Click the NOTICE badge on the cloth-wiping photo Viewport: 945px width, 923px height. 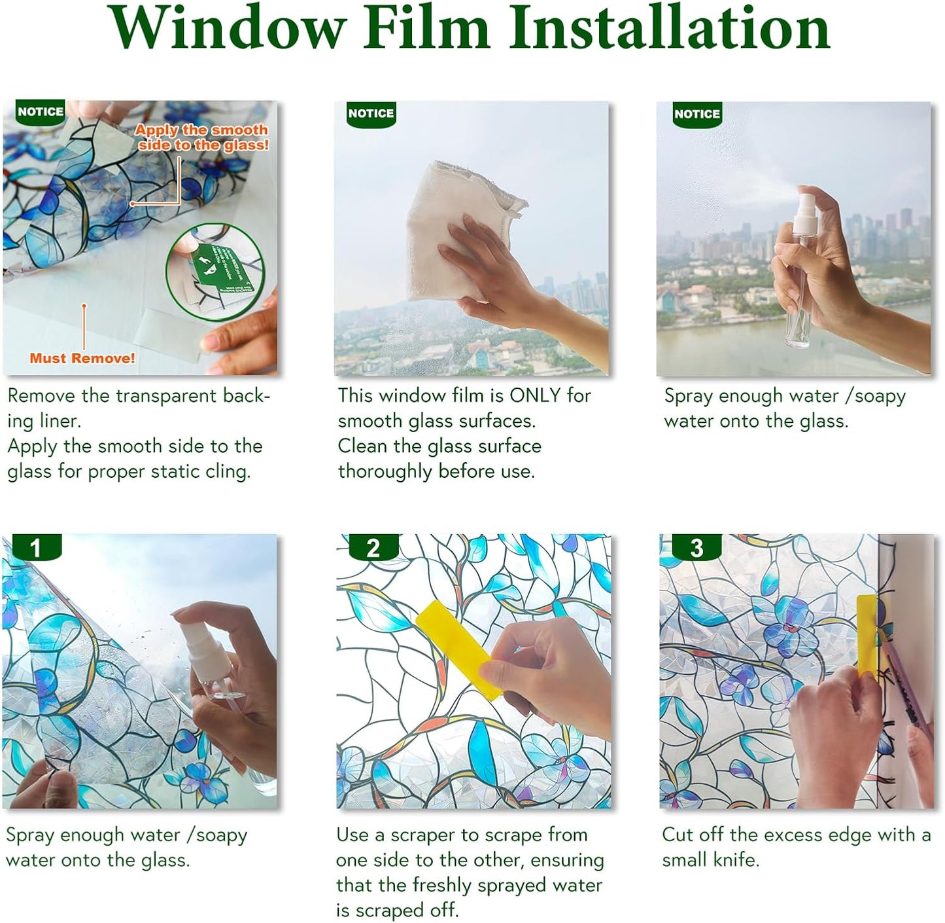pyautogui.click(x=371, y=113)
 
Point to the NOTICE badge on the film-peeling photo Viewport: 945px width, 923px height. pyautogui.click(x=41, y=112)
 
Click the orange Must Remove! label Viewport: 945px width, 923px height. pyautogui.click(x=82, y=358)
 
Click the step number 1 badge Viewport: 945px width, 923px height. pyautogui.click(x=36, y=548)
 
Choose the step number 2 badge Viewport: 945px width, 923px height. pyautogui.click(x=373, y=548)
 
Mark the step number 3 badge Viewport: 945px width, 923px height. pyautogui.click(x=696, y=548)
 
